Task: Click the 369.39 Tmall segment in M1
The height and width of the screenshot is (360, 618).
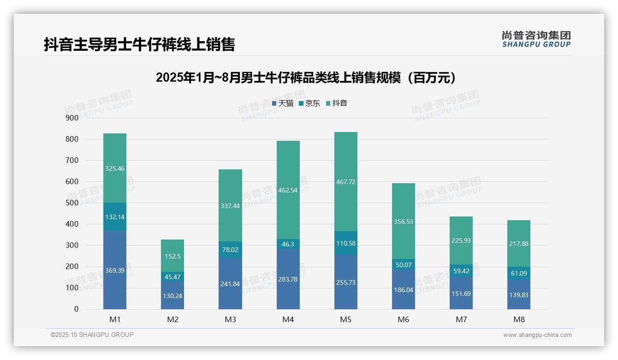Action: pos(115,270)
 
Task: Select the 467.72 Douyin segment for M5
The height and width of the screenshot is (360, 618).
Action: pos(346,182)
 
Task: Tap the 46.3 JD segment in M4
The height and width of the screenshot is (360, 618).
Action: pos(288,244)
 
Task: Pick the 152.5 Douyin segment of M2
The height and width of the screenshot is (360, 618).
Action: pos(173,256)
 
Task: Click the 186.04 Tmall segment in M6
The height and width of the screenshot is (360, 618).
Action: pos(404,289)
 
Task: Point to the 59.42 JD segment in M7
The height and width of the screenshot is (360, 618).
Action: pos(461,271)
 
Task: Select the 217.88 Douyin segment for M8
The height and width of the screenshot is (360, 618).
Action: pos(519,244)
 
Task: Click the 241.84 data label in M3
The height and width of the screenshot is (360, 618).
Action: pos(230,284)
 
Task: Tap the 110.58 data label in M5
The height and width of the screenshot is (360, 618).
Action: pos(346,243)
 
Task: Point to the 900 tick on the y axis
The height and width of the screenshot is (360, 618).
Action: pos(72,118)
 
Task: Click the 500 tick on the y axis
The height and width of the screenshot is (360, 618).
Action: pos(72,203)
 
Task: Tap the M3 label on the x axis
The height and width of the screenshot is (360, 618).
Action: pos(230,319)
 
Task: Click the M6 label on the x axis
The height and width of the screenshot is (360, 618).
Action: pos(404,319)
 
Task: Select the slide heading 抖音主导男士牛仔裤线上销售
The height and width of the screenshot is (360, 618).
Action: pos(139,44)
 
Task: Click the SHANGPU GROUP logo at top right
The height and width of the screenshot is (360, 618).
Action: pos(536,39)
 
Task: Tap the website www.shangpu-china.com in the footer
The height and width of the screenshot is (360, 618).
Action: pos(537,335)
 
